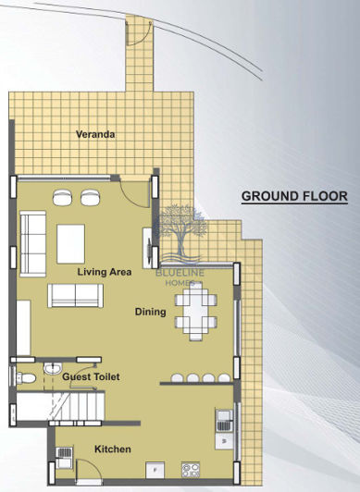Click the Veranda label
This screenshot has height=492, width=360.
[x=95, y=135]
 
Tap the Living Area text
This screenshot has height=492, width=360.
[x=104, y=272]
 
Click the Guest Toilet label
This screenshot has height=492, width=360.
[x=91, y=377]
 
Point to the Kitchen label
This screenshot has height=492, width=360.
[x=112, y=449]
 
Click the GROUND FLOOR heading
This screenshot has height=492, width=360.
[x=293, y=196]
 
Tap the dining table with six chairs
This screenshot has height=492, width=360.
[x=198, y=312]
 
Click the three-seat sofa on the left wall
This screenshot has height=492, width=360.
[x=34, y=239]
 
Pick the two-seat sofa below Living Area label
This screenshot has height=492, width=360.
[x=76, y=295]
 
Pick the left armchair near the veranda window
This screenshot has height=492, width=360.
[x=63, y=197]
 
